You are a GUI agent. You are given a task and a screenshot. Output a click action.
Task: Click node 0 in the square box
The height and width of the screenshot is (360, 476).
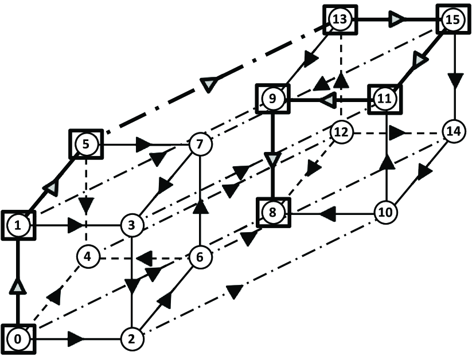(x=18, y=339)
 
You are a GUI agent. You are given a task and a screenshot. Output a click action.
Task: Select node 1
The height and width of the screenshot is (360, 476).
(x=18, y=225)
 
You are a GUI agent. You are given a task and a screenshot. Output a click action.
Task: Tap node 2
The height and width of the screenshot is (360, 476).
(x=131, y=339)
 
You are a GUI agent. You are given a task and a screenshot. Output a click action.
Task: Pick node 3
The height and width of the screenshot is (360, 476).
(x=131, y=225)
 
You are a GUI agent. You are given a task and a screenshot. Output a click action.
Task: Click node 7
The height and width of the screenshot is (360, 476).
(x=200, y=144)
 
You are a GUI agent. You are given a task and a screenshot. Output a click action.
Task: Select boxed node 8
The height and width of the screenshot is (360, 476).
(x=272, y=213)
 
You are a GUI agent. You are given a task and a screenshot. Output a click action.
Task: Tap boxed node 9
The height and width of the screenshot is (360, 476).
(x=272, y=99)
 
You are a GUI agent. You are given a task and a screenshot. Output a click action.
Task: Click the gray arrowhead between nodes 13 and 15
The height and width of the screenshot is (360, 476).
(x=397, y=20)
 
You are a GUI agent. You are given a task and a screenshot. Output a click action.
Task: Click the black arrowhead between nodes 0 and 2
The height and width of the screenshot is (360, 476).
(x=76, y=339)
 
